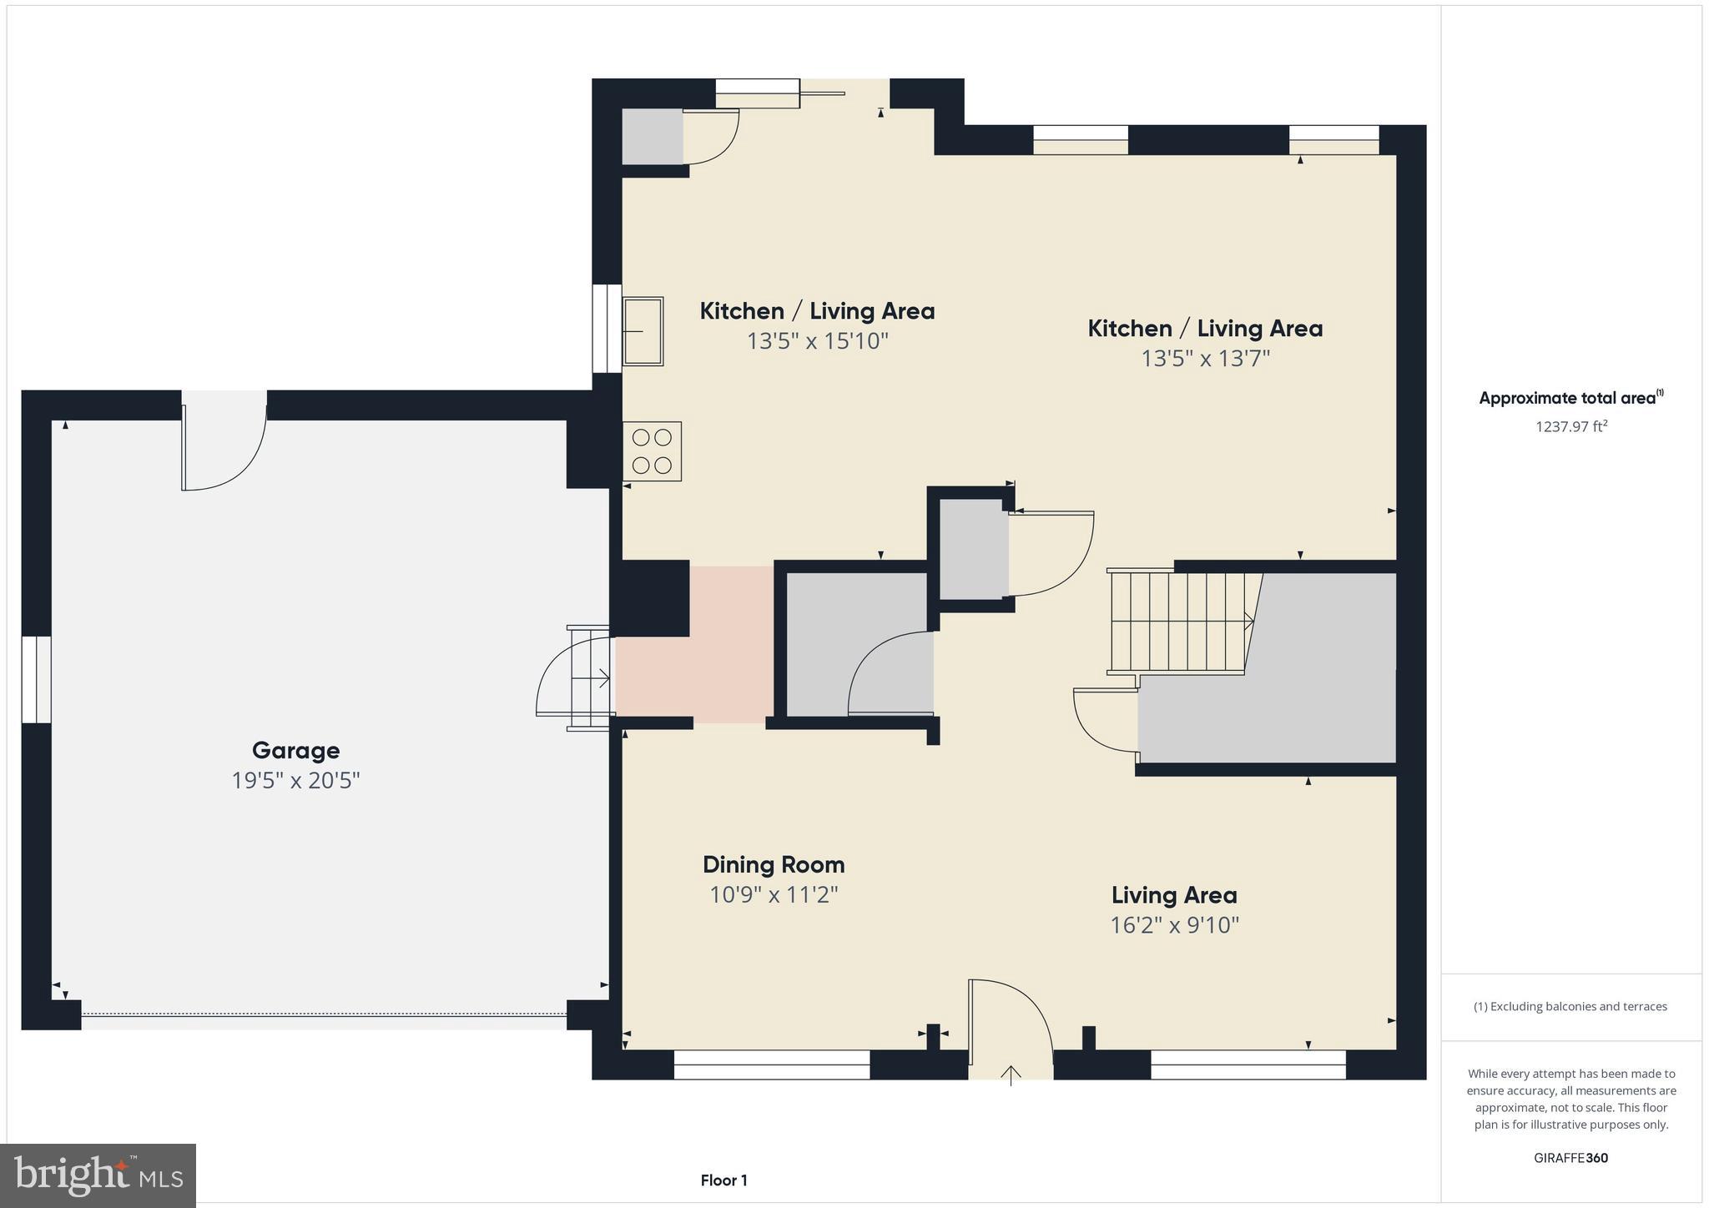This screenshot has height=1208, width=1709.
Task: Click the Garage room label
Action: click(295, 750)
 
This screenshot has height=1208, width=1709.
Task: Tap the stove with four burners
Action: click(652, 451)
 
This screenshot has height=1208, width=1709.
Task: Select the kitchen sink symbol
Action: click(643, 331)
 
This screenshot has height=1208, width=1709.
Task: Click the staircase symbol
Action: click(1180, 622)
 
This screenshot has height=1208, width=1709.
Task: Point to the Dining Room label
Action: click(774, 864)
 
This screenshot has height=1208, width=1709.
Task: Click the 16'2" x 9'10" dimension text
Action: click(1174, 925)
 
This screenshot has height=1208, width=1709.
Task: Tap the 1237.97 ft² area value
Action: click(1571, 426)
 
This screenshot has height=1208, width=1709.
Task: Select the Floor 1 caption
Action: click(723, 1180)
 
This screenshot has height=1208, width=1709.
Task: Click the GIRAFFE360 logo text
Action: click(1570, 1158)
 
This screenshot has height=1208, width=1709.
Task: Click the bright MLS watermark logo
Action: click(98, 1175)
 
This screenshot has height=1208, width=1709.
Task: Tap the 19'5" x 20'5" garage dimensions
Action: click(295, 781)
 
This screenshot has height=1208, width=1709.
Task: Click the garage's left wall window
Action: click(36, 679)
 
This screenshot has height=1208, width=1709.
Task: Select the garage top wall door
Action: click(224, 442)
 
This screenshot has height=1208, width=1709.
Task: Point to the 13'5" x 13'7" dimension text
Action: click(1205, 359)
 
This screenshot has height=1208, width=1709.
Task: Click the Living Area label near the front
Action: click(1174, 895)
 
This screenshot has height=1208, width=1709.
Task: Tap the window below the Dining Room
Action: click(771, 1065)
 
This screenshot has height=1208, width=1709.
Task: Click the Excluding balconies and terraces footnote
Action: click(1570, 1006)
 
